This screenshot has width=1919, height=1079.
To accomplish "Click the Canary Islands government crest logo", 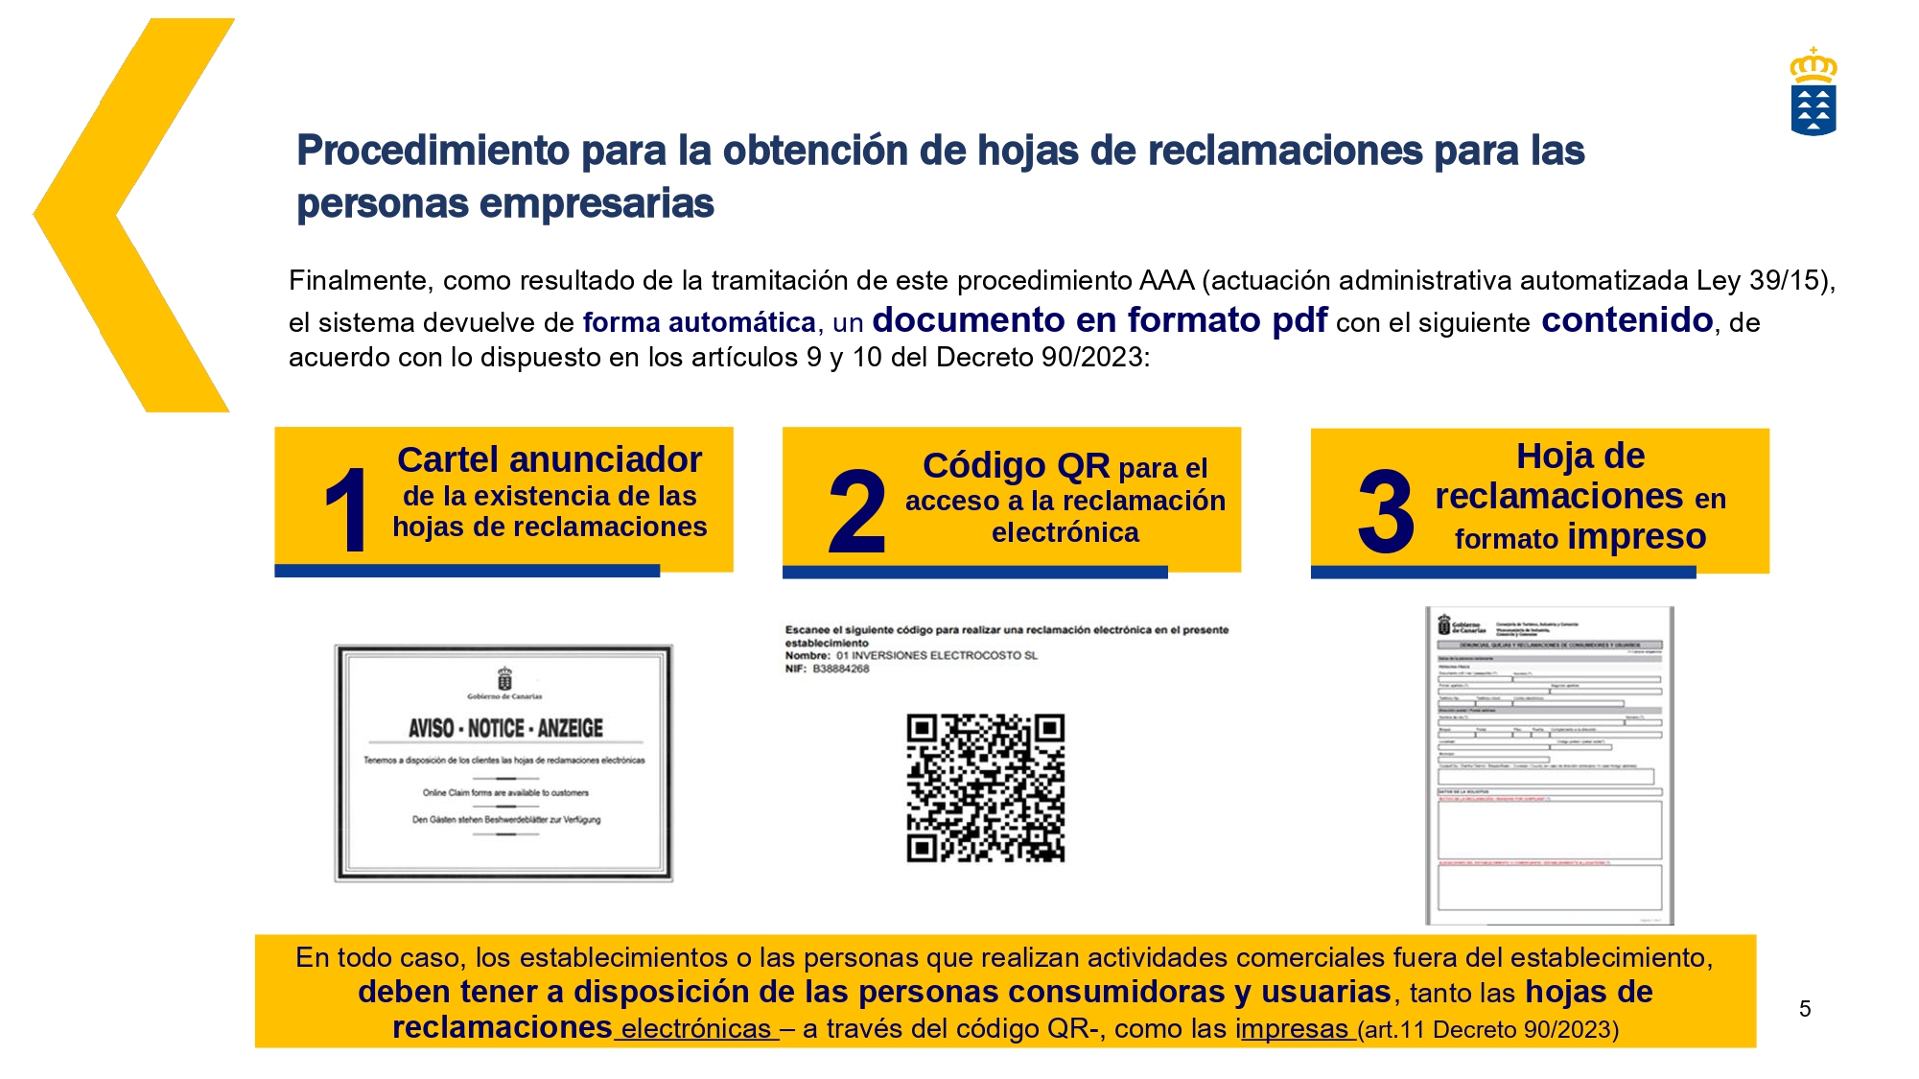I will click(1813, 94).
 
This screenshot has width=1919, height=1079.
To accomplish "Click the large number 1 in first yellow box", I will click(346, 510).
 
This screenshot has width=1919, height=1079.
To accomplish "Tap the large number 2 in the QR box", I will click(856, 512).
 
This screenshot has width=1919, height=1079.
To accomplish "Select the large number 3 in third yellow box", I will click(1385, 512).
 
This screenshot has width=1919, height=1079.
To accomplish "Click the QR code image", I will click(986, 787).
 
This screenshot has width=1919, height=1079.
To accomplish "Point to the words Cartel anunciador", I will click(549, 460).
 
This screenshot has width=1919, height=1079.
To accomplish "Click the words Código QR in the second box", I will click(1015, 466).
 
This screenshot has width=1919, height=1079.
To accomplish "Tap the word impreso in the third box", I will click(1636, 537).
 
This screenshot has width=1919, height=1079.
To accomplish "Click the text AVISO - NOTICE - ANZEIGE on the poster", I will click(505, 729).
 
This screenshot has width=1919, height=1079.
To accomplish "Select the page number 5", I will click(1804, 1009).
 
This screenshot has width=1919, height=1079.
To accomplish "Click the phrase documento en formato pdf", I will click(1099, 320).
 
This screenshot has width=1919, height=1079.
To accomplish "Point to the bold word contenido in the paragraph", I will click(1626, 320).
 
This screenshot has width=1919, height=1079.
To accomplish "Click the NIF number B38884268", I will click(840, 669).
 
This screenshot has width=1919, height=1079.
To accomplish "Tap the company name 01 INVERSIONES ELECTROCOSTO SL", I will click(936, 656).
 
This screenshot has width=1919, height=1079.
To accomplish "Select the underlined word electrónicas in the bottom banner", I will click(695, 1029).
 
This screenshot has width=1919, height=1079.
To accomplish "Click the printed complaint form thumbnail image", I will click(1549, 765).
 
